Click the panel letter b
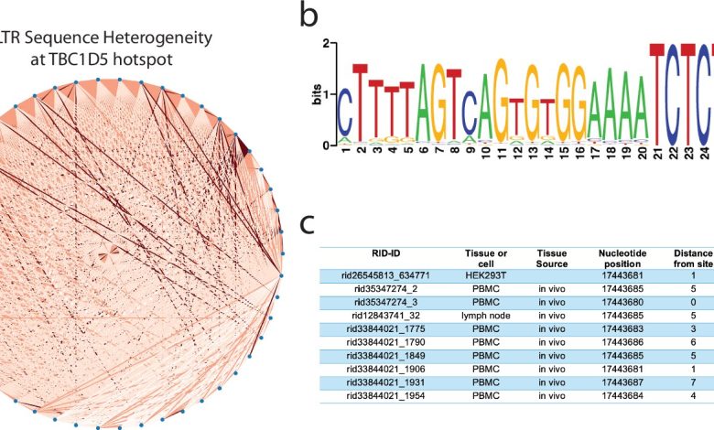(x=310, y=16)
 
